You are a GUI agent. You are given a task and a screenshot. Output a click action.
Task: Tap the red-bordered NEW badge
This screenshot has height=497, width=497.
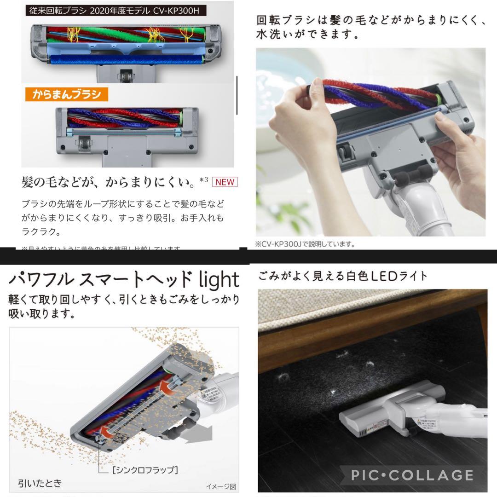[x=225, y=182]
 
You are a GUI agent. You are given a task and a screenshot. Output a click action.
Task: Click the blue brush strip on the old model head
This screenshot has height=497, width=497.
[x=127, y=59]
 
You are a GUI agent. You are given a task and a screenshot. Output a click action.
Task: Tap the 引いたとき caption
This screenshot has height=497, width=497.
[x=40, y=483]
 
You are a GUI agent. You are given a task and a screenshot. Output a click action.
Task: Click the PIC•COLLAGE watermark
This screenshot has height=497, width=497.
[x=411, y=474]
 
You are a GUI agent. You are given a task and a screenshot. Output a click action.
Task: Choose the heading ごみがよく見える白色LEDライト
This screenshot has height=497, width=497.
[x=343, y=276]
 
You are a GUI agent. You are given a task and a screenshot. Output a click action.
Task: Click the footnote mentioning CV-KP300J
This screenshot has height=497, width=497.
[x=305, y=244]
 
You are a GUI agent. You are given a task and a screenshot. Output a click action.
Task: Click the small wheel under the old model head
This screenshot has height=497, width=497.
[x=123, y=74]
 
